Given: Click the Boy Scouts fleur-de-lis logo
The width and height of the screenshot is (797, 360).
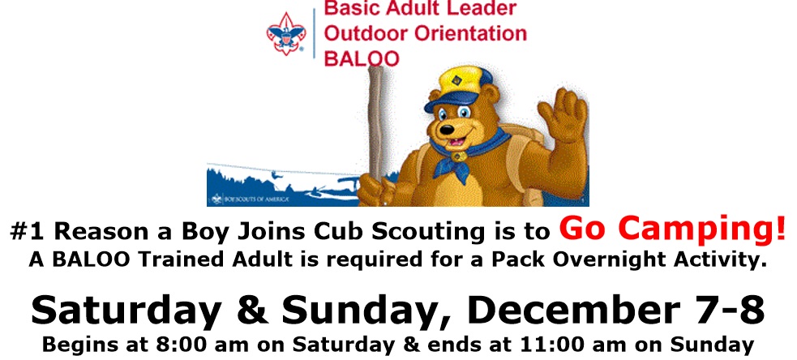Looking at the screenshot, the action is point(286,33).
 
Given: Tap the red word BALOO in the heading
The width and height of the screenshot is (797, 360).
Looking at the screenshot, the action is point(362,58).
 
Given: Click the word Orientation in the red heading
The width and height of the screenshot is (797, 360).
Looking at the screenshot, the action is point(470,33).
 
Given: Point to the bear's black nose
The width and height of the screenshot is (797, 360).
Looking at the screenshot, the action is point(447,130).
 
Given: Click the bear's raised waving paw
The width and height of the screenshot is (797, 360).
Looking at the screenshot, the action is point(563,115).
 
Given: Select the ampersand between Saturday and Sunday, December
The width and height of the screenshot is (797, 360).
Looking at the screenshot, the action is point(253,311).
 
